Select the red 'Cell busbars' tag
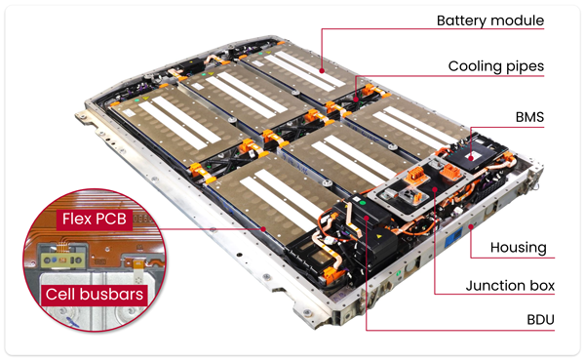click(x=95, y=295)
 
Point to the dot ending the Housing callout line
click(x=472, y=226)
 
